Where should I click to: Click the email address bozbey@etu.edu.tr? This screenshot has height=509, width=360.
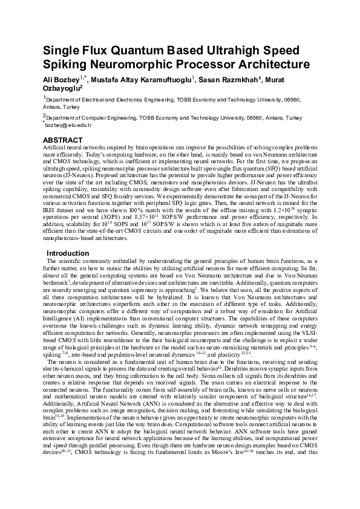point(68,125)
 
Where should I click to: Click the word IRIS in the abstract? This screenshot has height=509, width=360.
point(52,209)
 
